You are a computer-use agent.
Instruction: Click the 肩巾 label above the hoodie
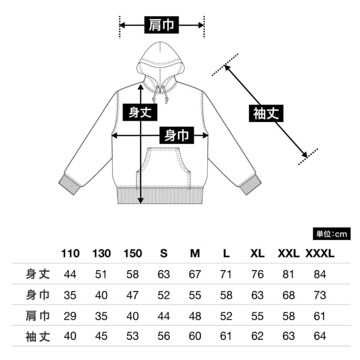161,25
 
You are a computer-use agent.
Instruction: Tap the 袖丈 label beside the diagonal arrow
266,113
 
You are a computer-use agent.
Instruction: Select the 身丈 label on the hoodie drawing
140,112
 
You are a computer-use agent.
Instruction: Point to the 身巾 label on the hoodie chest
177,135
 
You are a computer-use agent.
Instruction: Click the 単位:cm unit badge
331,234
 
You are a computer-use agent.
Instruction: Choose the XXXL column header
320,254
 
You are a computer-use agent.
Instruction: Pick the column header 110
70,254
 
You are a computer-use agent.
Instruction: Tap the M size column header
195,254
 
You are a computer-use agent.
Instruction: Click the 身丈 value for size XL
257,274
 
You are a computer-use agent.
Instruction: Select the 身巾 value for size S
164,295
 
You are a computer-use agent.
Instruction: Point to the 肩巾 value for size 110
70,316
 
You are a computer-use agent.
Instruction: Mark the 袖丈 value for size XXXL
320,336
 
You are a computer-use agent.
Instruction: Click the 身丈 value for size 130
101,274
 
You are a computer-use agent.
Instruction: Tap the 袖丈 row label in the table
38,336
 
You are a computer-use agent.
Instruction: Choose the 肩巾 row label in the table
38,316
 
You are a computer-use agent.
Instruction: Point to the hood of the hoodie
160,61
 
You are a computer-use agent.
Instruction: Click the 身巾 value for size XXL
289,295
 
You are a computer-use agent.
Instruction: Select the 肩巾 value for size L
226,316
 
